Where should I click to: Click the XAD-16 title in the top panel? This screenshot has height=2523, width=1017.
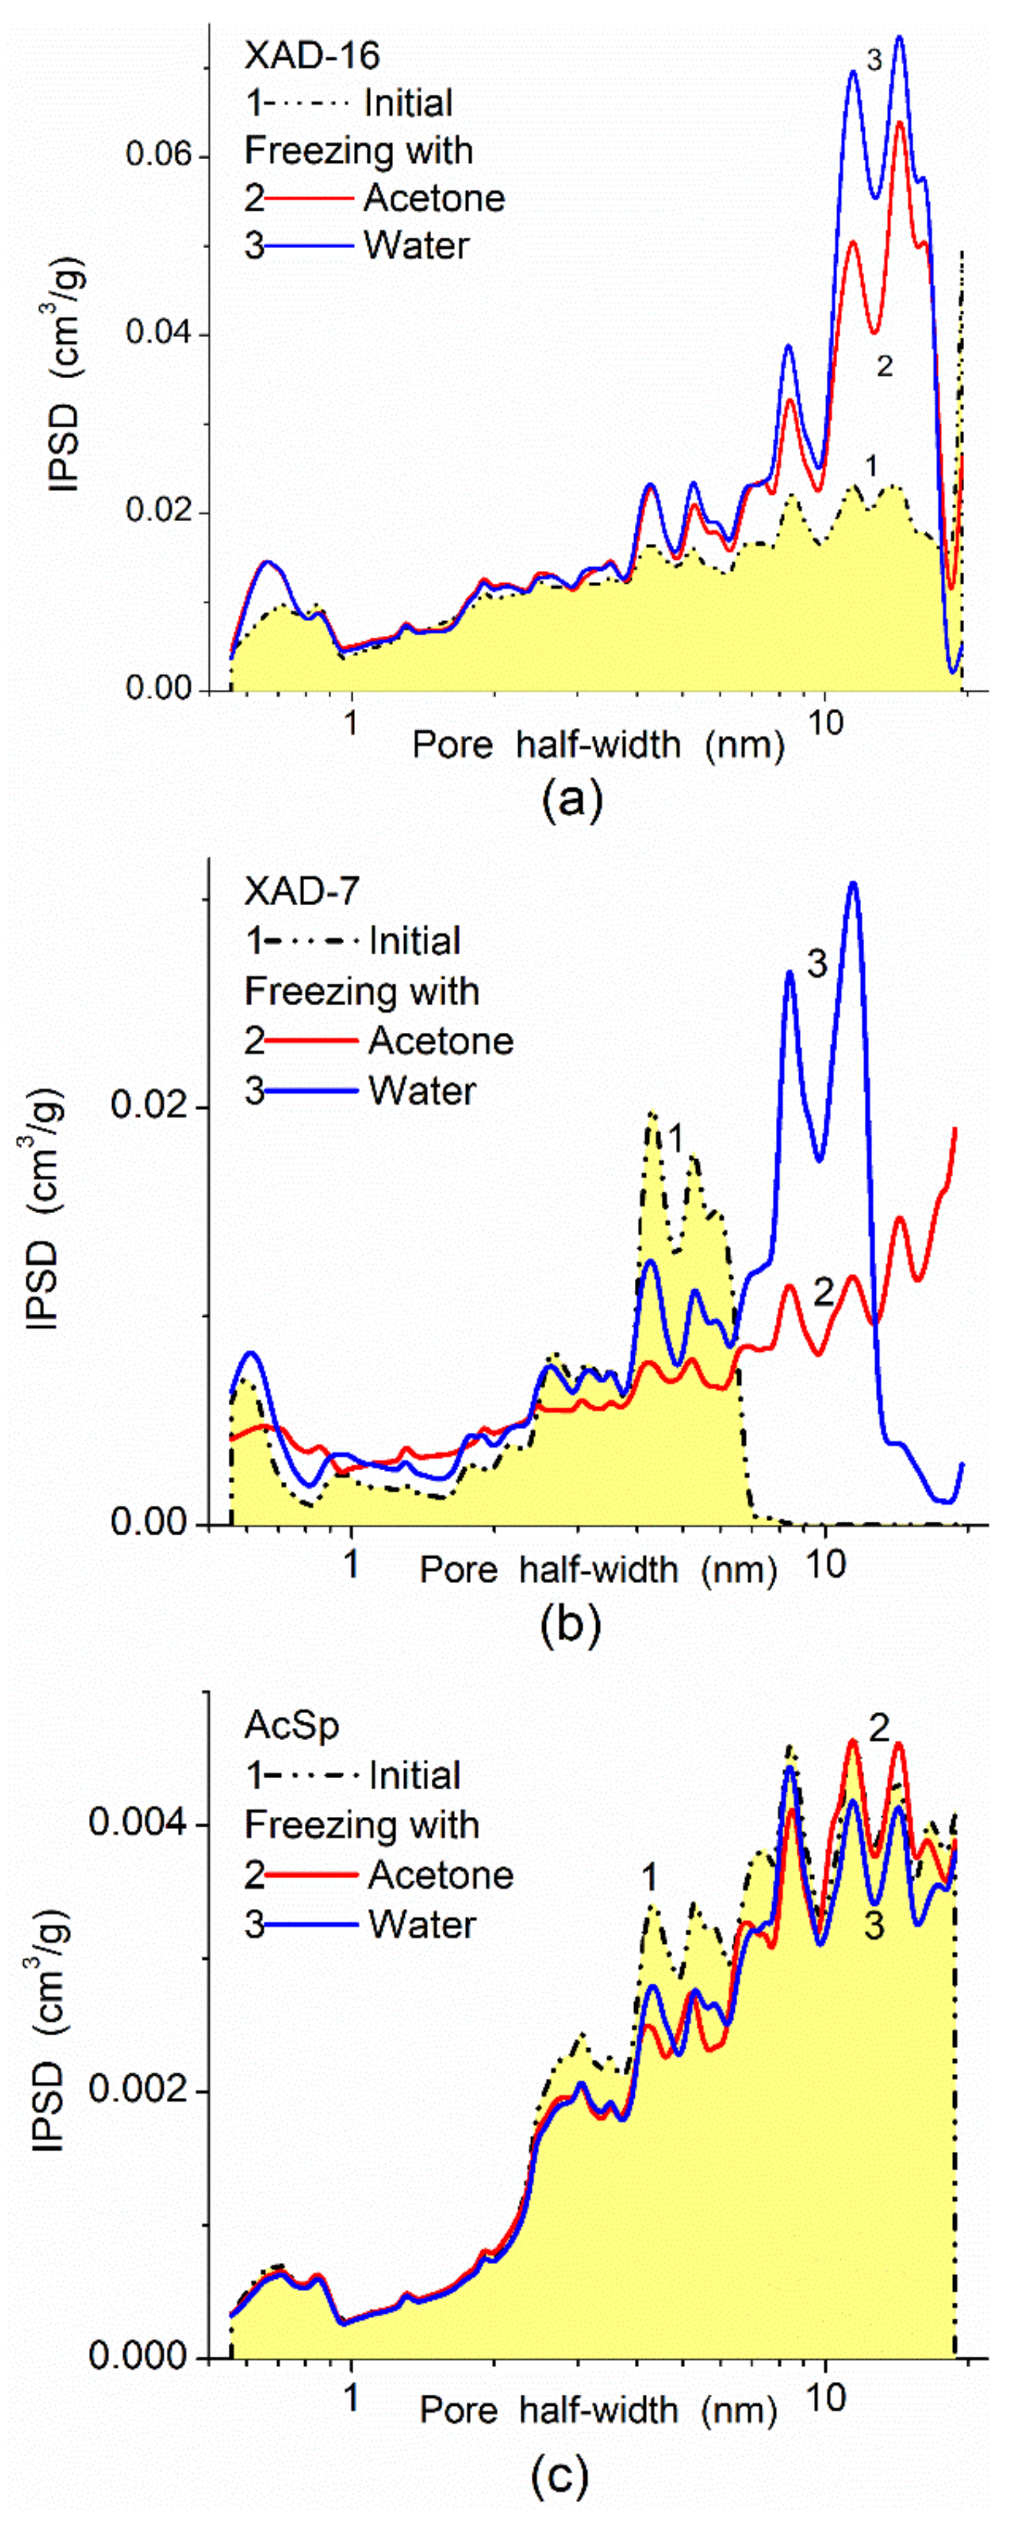coord(311,56)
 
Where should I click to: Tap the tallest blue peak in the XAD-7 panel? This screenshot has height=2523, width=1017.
coord(853,885)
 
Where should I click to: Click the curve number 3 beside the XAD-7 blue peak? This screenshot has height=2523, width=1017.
coord(817,964)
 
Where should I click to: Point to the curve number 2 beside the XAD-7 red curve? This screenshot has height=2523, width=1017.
coord(823,1294)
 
